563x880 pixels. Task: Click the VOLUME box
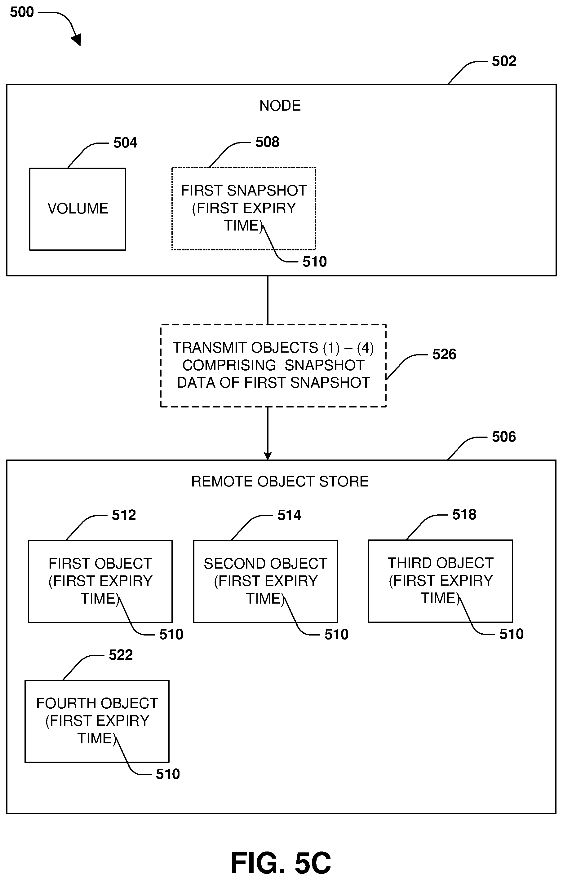78,209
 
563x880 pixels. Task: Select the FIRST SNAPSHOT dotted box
243,208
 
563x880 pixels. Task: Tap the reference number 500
22,12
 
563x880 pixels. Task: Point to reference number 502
504,61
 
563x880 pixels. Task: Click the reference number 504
125,143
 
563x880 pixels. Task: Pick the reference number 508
267,142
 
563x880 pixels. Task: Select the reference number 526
444,354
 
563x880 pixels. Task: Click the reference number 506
503,437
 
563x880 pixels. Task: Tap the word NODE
280,106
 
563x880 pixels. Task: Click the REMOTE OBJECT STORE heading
280,482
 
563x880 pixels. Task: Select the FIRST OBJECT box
100,581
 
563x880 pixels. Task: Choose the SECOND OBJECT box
265,581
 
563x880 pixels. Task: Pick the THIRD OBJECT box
440,581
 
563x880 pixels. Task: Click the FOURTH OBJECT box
97,721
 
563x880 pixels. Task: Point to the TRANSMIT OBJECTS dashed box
273,365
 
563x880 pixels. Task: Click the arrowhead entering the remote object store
268,456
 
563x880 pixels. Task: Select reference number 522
121,655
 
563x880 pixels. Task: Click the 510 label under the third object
511,634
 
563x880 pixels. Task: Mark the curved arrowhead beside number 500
77,39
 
